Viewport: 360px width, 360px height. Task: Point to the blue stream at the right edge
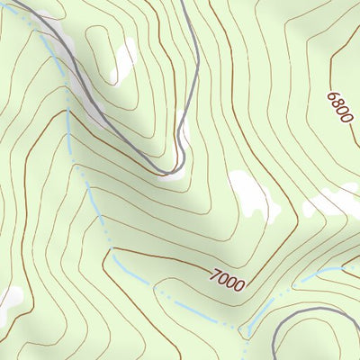click(x=356, y=267)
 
